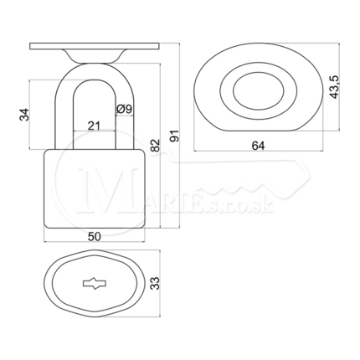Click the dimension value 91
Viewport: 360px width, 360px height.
(x=175, y=136)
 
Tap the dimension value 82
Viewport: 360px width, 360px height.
(x=156, y=145)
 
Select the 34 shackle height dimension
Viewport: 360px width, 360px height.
(x=24, y=115)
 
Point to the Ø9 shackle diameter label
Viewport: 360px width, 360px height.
(x=124, y=109)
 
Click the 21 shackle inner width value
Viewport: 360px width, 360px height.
(x=94, y=126)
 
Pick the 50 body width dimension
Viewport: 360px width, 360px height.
(x=95, y=237)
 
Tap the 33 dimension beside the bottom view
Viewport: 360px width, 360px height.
(x=156, y=283)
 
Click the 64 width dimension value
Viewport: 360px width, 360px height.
(x=258, y=146)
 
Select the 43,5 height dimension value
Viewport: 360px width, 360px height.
(x=334, y=86)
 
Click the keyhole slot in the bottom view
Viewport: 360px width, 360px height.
(x=95, y=284)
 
